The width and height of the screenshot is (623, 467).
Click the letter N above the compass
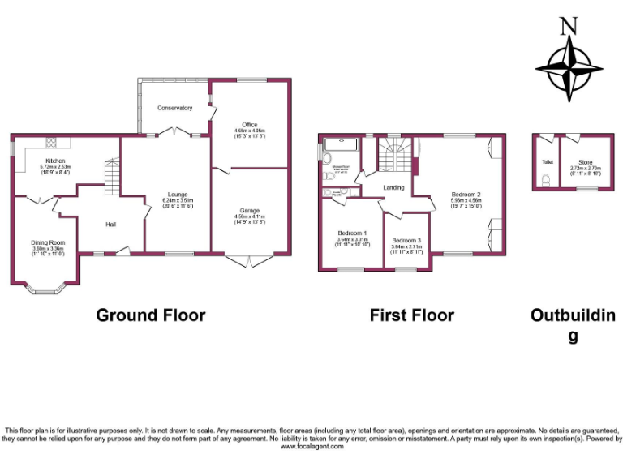[x=569, y=25]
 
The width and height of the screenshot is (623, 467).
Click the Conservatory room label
[x=174, y=108]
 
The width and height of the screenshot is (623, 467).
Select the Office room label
[x=250, y=125]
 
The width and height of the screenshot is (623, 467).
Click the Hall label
[x=111, y=225]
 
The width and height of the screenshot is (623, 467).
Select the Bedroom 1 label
[x=352, y=233]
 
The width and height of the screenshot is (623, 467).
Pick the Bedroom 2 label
[x=466, y=195]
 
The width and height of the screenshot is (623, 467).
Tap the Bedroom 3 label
[x=406, y=241]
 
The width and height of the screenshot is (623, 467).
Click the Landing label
[x=394, y=188]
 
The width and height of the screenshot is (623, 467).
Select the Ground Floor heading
[x=151, y=315]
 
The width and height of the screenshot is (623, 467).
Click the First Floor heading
[x=412, y=315]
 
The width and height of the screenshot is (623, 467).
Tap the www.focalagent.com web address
[x=311, y=446]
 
